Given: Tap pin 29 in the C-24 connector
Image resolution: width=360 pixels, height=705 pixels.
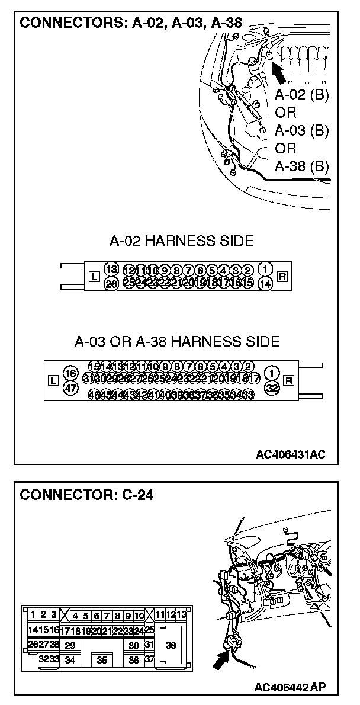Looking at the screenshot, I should [70, 645].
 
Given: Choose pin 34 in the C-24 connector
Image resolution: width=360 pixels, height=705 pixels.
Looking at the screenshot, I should [70, 659].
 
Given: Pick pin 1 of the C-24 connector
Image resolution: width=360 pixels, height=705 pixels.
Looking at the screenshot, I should [33, 615].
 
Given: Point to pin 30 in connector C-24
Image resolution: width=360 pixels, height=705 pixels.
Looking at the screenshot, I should [134, 645].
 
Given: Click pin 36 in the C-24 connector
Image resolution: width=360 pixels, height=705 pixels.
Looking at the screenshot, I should [134, 659].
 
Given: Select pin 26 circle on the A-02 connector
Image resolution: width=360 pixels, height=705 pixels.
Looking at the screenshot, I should [111, 284].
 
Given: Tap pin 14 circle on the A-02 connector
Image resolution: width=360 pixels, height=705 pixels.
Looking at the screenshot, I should [266, 284].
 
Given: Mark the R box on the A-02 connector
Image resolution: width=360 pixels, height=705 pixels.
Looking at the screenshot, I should [282, 276].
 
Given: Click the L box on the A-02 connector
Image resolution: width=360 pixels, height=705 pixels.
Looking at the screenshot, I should [94, 276].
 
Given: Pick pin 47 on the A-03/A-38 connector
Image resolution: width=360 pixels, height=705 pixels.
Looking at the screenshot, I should [70, 387].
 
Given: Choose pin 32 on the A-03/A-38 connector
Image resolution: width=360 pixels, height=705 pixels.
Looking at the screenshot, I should [272, 387].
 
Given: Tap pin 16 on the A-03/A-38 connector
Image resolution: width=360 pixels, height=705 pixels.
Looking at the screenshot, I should [70, 373].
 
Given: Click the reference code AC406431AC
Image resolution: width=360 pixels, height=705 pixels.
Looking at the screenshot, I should [291, 455].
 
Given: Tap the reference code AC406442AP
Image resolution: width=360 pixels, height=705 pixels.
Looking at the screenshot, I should [290, 687].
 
